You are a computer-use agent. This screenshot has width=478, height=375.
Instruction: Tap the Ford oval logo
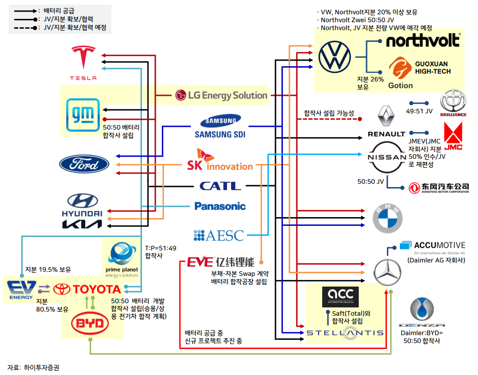(x=84, y=164)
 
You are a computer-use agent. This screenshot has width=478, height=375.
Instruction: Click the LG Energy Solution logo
(x=221, y=95)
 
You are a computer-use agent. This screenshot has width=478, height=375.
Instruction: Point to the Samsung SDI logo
(x=220, y=128)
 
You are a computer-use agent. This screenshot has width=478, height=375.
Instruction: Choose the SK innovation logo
(x=220, y=161)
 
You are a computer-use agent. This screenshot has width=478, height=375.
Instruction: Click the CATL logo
(x=220, y=186)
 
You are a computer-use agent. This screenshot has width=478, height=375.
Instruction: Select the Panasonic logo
(x=220, y=206)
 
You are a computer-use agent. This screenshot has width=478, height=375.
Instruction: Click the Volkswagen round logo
(x=335, y=56)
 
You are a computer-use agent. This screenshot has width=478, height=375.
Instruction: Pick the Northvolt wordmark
(x=423, y=40)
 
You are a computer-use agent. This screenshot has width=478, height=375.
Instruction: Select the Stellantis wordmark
(x=345, y=332)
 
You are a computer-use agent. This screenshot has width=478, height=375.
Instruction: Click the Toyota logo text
(x=87, y=290)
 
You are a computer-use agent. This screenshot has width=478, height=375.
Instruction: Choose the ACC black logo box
(x=340, y=296)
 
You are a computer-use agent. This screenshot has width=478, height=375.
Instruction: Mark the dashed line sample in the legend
(x=25, y=28)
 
